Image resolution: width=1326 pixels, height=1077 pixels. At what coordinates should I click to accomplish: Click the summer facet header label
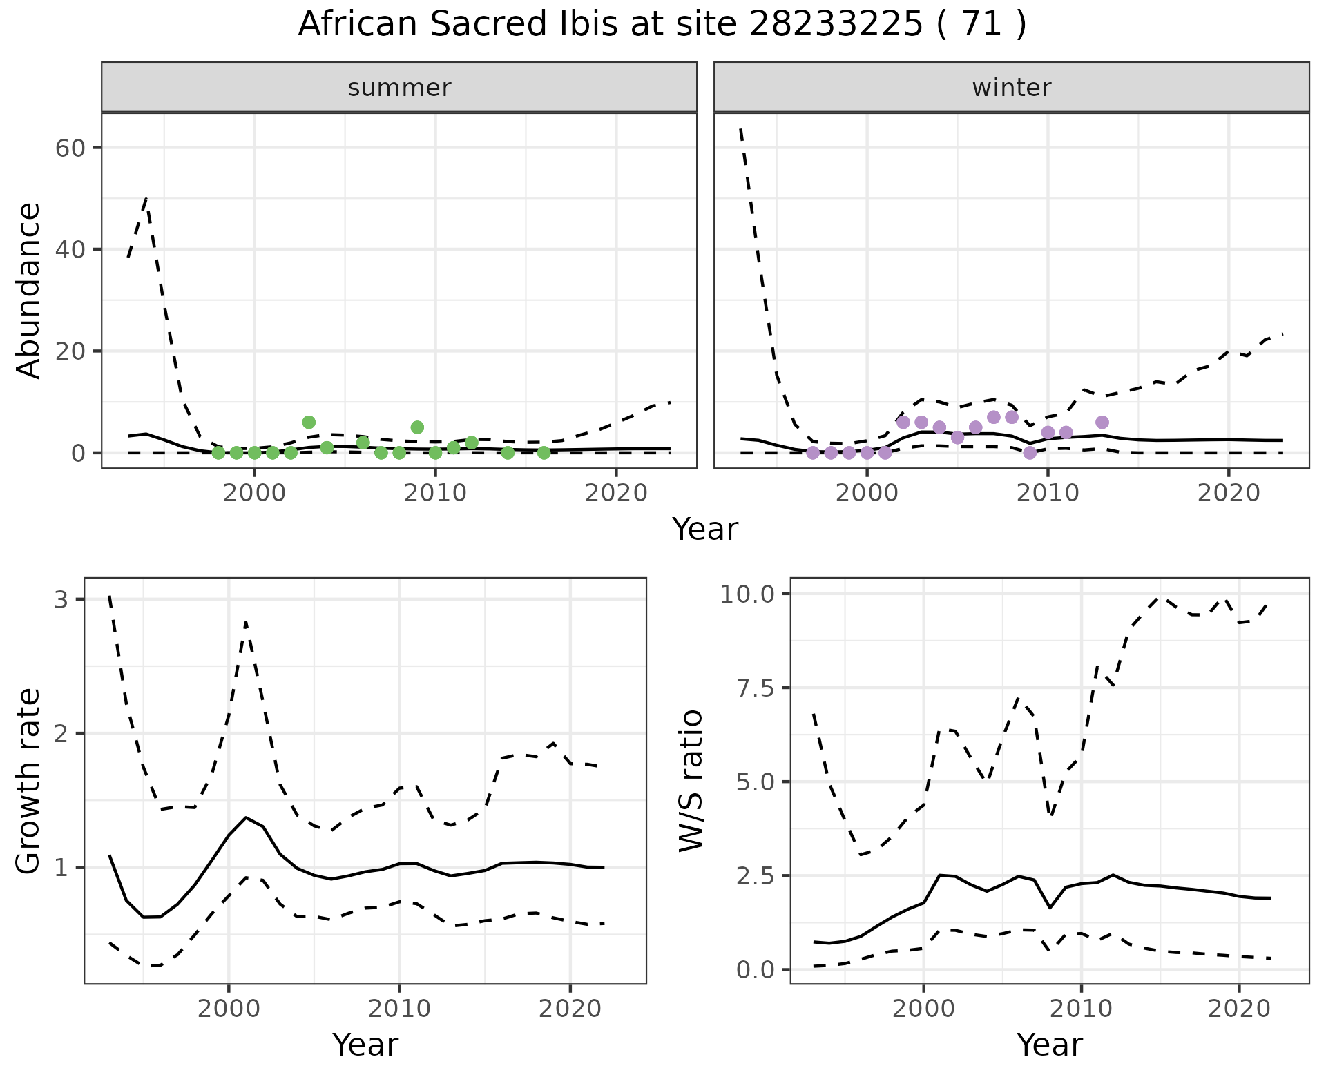click(x=399, y=88)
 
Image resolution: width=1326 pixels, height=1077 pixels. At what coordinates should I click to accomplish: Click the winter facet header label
click(x=1011, y=88)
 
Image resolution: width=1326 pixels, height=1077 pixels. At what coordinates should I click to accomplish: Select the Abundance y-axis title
click(x=29, y=291)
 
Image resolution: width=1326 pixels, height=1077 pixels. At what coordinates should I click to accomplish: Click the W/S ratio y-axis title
click(x=691, y=781)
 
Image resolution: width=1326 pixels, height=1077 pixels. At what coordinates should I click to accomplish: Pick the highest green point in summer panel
click(x=309, y=422)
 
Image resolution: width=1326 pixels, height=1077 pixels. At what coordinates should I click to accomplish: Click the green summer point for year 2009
click(x=417, y=427)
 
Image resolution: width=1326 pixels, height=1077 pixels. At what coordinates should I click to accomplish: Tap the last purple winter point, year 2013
click(x=1102, y=422)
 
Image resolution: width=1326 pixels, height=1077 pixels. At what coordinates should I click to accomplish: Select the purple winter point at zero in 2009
click(x=1030, y=453)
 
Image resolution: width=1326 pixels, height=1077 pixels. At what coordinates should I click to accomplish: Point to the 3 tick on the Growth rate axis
click(x=61, y=599)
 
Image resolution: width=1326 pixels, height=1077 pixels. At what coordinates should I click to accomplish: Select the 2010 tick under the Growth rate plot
click(x=399, y=1009)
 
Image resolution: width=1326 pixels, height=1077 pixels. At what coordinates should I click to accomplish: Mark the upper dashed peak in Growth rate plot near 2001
click(x=246, y=622)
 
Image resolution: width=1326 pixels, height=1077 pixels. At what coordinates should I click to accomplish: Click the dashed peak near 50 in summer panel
click(x=146, y=199)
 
